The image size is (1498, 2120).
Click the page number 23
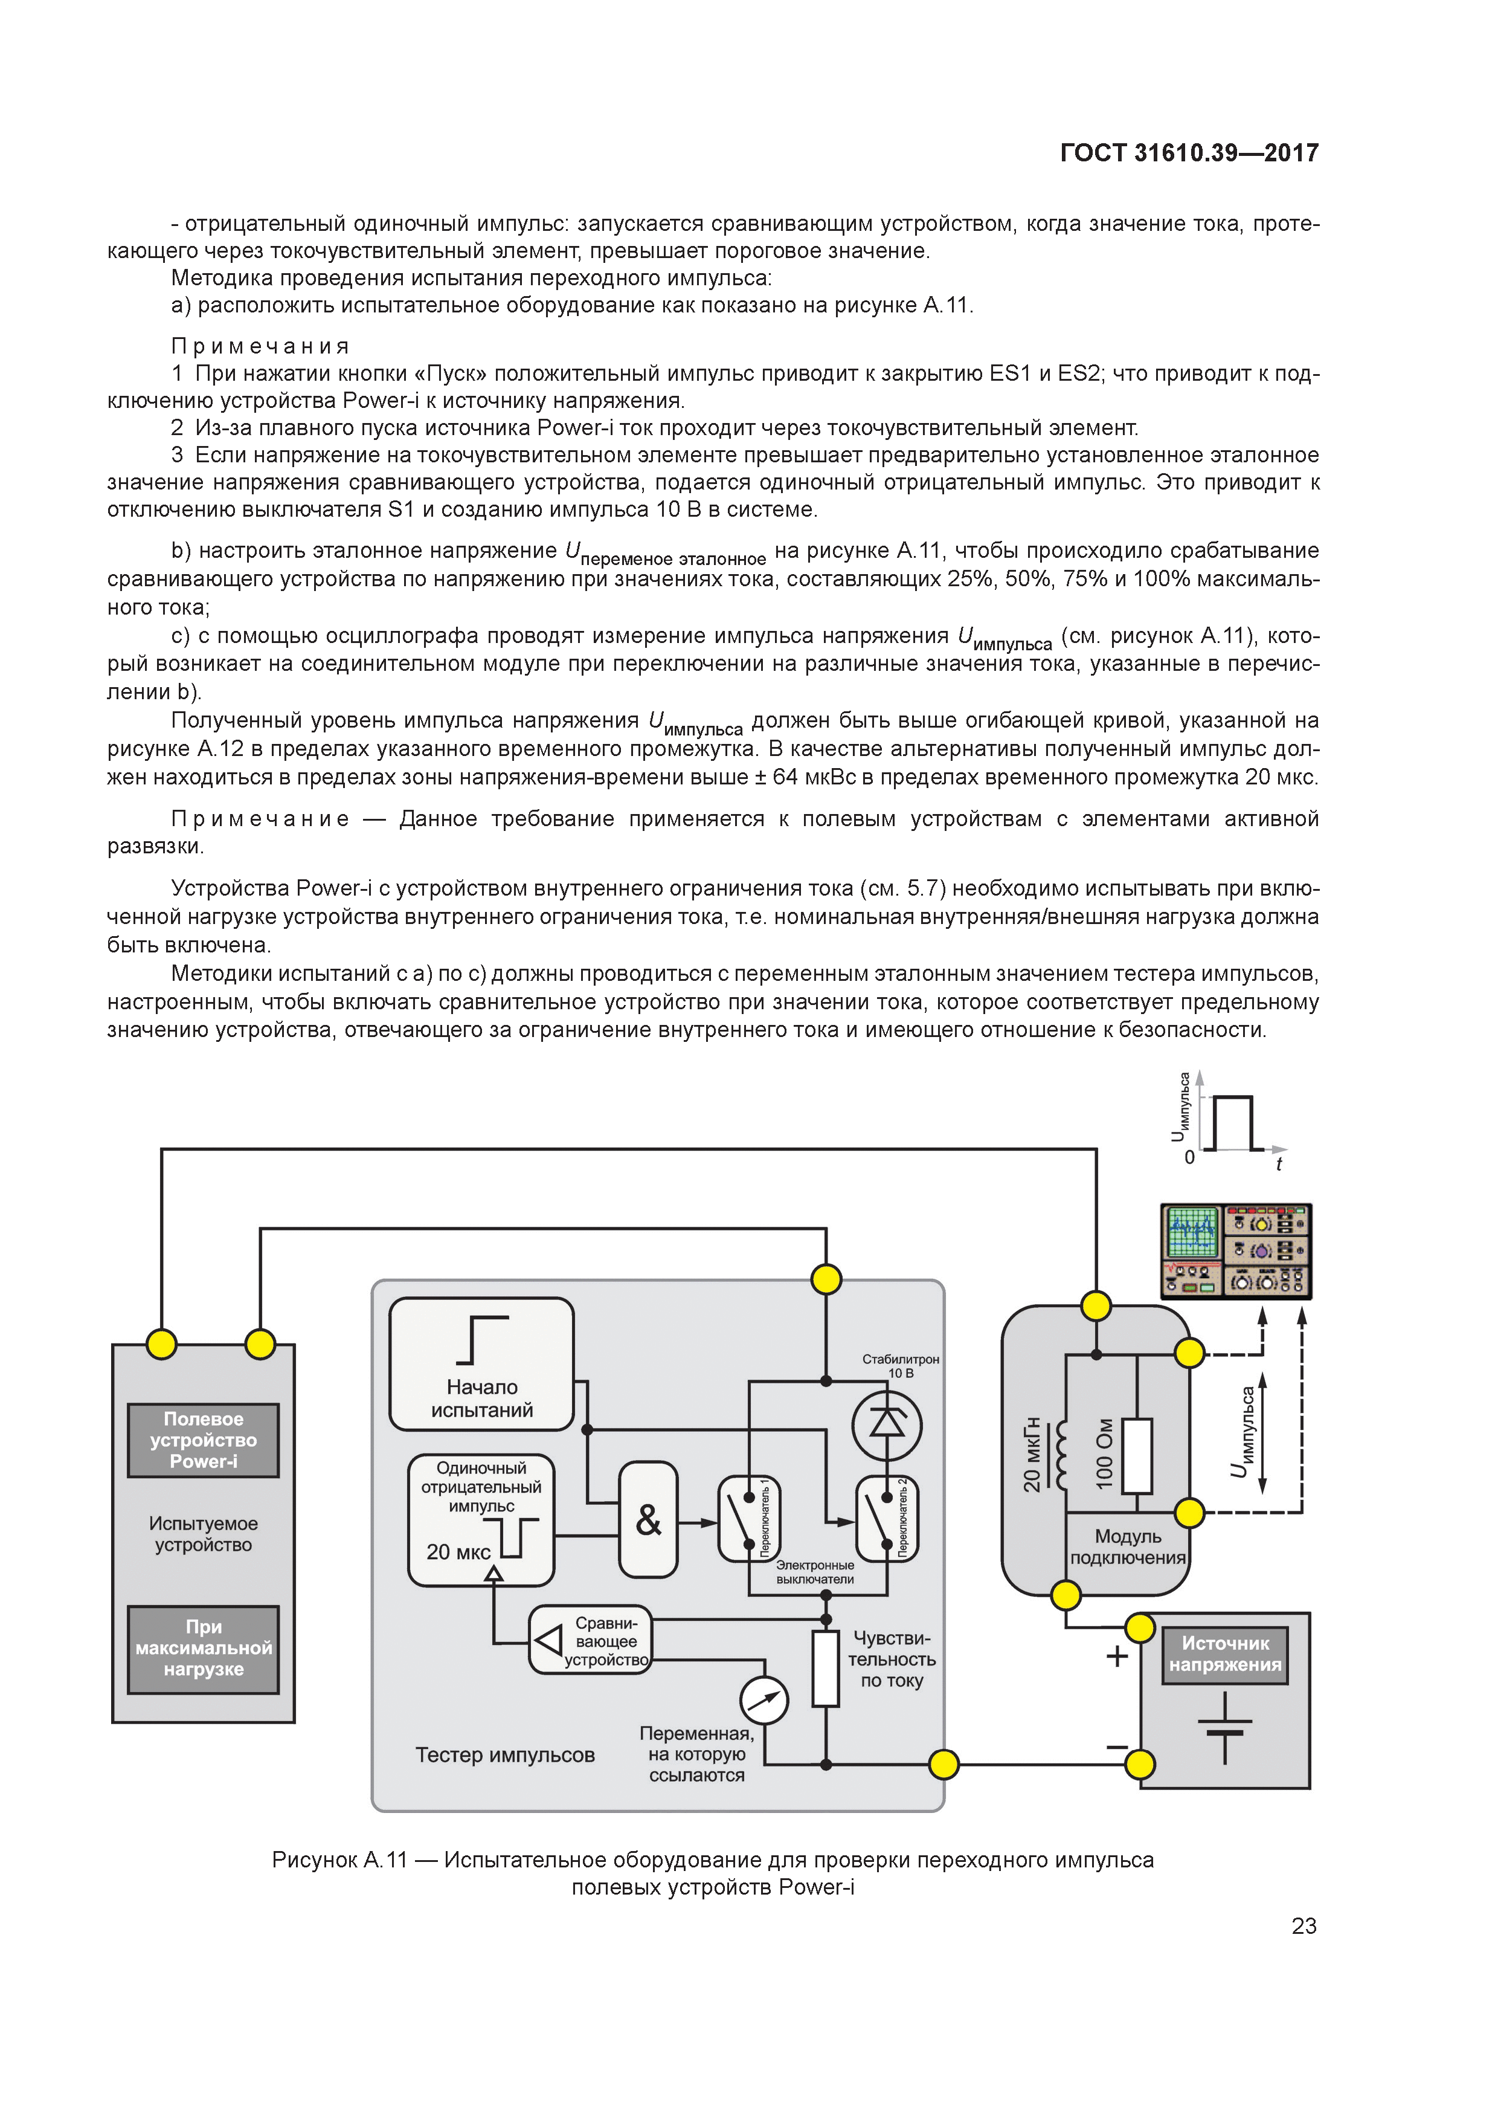point(1304,1925)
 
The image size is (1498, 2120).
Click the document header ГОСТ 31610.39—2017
point(1189,154)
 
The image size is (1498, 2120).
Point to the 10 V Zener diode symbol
point(886,1423)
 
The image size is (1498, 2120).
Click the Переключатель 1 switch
point(748,1518)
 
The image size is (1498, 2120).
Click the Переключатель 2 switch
point(886,1518)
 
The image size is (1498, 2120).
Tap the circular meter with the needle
point(764,1700)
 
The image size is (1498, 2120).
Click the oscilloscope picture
point(1235,1250)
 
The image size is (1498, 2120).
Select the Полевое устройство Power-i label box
point(203,1440)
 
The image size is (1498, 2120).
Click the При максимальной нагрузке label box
point(203,1648)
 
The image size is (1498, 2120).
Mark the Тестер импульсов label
point(505,1754)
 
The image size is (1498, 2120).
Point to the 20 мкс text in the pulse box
point(458,1552)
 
